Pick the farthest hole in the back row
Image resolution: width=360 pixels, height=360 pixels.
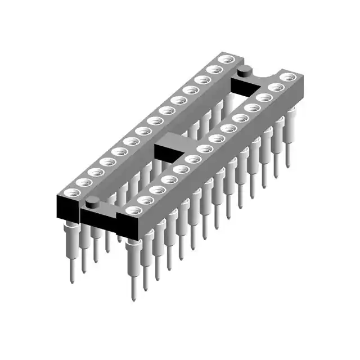227,59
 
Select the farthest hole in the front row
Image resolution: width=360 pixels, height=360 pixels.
288,77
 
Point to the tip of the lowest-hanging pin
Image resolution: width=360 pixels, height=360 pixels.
134,298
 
